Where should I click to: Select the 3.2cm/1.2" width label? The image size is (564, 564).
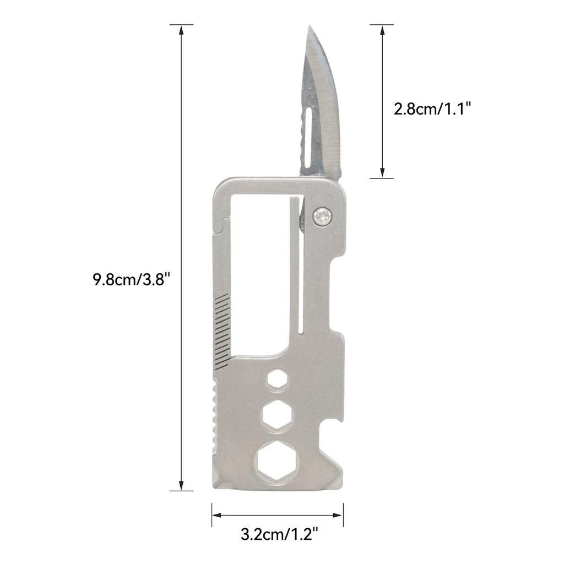[x=279, y=534]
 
